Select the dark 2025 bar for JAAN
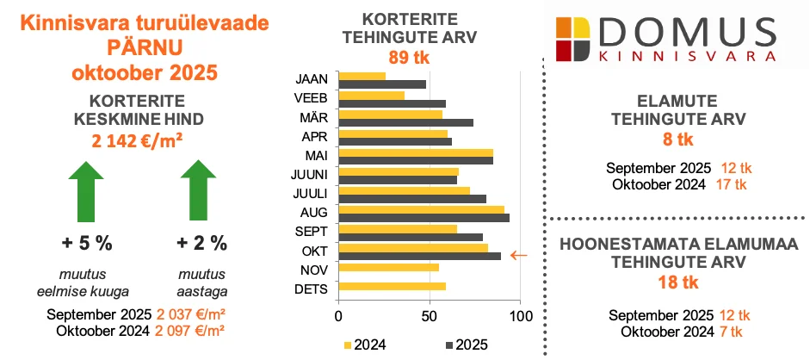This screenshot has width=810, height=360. pyautogui.click(x=382, y=84)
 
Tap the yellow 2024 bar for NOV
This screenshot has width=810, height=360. pyautogui.click(x=389, y=268)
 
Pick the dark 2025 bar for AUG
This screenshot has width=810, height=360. pyautogui.click(x=424, y=217)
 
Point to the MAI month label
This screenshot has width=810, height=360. pyautogui.click(x=313, y=155)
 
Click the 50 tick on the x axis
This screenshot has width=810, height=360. pyautogui.click(x=430, y=316)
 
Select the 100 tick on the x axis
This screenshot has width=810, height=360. pyautogui.click(x=520, y=316)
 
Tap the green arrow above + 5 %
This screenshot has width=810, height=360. pyautogui.click(x=87, y=195)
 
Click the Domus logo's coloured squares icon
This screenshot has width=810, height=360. pyautogui.click(x=572, y=38)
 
